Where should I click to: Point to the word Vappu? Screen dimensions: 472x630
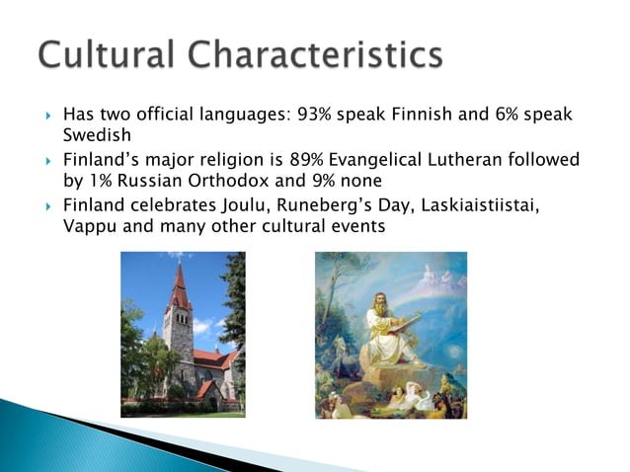click(88, 225)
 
